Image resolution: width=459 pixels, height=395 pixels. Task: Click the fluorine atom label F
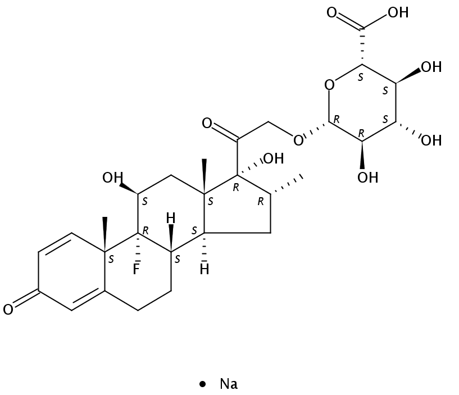(x=136, y=269)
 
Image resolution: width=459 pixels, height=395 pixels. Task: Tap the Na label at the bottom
(x=229, y=384)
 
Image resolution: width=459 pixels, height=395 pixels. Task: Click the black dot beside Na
(x=202, y=384)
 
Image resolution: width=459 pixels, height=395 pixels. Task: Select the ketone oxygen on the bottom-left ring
(x=8, y=310)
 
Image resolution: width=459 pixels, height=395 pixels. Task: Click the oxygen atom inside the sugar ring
(x=330, y=85)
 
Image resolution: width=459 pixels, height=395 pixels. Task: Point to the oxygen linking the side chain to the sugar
(x=298, y=140)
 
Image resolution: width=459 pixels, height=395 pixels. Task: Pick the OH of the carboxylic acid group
(x=398, y=12)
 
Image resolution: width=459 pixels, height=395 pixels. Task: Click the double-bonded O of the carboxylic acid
(x=331, y=12)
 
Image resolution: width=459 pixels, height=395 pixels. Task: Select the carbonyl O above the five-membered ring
(x=207, y=123)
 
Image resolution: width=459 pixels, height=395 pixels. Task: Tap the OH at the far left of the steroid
(x=112, y=178)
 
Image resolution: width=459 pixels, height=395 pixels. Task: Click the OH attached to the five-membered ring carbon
(x=274, y=158)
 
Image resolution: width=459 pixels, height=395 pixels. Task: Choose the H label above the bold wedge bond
(x=171, y=219)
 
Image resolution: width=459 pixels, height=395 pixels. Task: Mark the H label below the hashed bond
(x=204, y=269)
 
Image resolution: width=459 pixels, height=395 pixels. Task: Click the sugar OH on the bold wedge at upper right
(x=431, y=67)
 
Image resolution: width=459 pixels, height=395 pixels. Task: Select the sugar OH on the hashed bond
(x=431, y=140)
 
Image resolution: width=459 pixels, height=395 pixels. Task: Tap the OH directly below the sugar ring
(x=367, y=178)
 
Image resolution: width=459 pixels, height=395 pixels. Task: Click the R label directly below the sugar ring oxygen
(x=337, y=120)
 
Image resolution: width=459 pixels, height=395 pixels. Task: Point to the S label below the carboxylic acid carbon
(x=361, y=78)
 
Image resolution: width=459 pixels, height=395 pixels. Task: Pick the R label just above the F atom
(x=145, y=231)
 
